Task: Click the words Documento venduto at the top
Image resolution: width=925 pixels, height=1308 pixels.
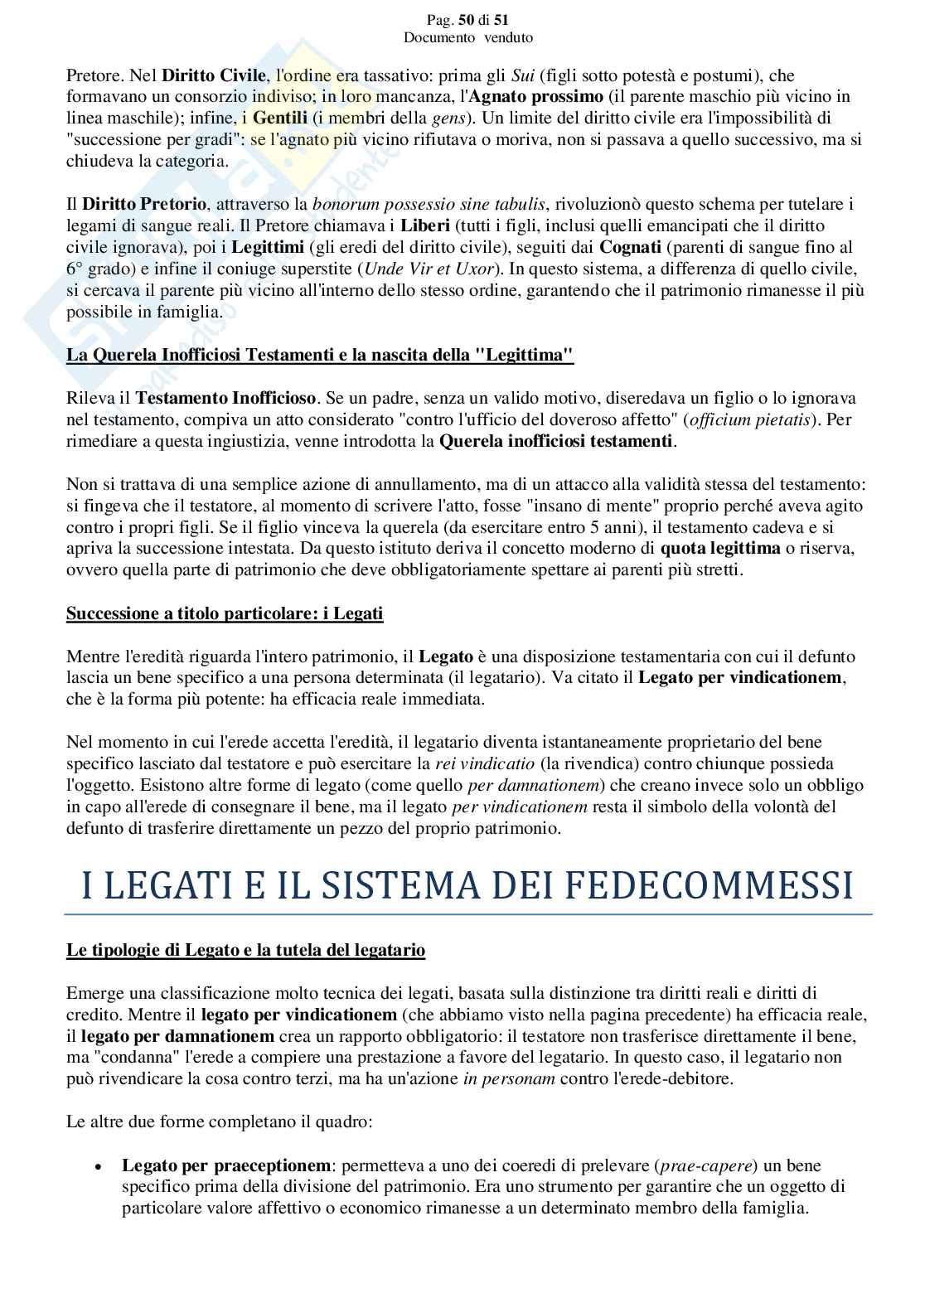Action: coord(467,38)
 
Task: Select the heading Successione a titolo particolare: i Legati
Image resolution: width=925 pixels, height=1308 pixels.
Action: coord(225,613)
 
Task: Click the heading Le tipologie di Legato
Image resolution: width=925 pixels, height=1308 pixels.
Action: coord(245,950)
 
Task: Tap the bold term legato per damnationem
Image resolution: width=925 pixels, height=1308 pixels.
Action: coord(177,1036)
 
